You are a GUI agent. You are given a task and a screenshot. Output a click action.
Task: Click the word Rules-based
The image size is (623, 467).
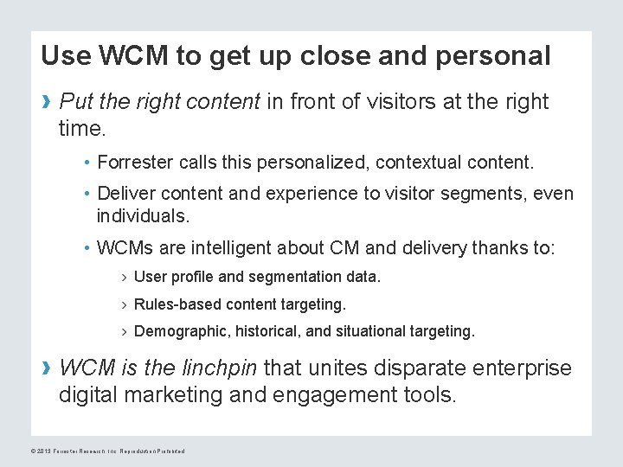pos(178,304)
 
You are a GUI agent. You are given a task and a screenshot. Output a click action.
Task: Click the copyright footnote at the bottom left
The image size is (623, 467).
pos(107,451)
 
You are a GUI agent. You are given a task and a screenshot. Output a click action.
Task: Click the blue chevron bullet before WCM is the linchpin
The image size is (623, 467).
pos(47,369)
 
